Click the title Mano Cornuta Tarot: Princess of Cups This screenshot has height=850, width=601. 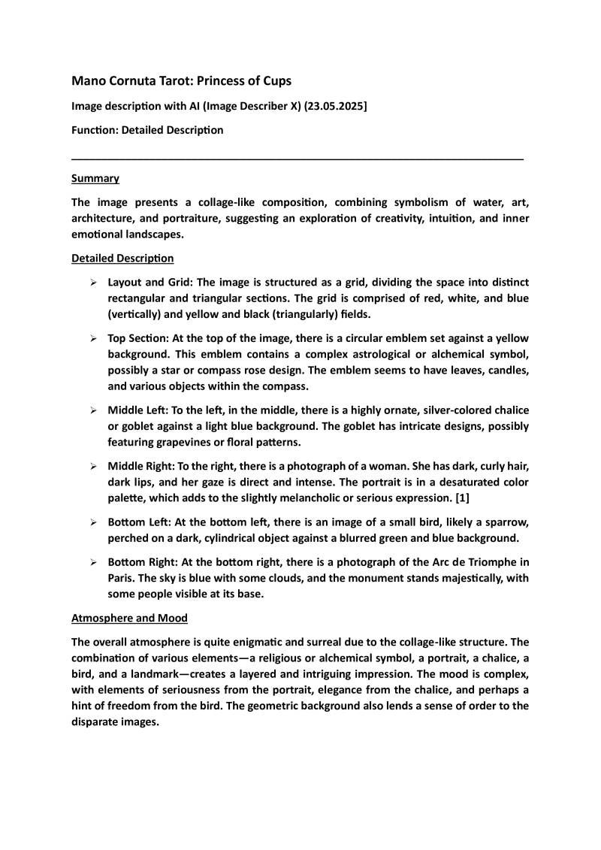tap(181, 80)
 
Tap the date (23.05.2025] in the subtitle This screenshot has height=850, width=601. tap(338, 106)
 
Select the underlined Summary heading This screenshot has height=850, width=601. tap(95, 178)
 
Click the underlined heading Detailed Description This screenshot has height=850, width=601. tap(122, 259)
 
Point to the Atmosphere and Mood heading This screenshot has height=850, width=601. tap(129, 619)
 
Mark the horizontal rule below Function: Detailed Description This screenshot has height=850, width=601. tap(297, 159)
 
